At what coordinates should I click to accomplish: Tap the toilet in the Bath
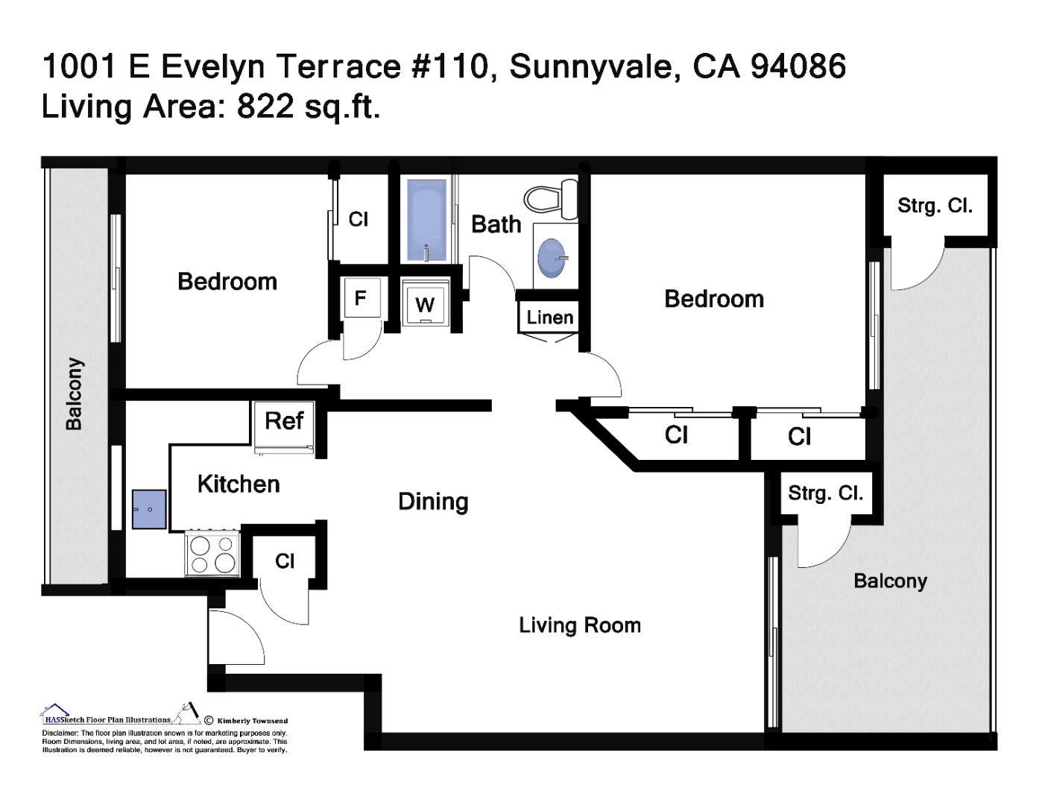tap(552, 199)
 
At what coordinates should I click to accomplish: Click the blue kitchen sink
tap(149, 509)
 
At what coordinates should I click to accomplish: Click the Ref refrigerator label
tap(284, 421)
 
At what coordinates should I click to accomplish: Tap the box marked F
tap(361, 298)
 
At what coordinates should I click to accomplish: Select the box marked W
tap(425, 304)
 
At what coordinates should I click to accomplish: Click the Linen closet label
tap(550, 318)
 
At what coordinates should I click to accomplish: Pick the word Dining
tap(433, 502)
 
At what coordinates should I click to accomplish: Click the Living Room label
tap(580, 625)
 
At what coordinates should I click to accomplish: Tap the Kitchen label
tap(239, 484)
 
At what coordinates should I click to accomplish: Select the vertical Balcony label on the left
tap(74, 394)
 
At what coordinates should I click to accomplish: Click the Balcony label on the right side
tap(890, 581)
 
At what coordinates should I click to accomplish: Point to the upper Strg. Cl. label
tap(935, 206)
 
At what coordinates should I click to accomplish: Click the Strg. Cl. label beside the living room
tap(825, 493)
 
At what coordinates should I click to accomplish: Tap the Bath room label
tap(496, 224)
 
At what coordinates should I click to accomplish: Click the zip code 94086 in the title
tap(798, 66)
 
